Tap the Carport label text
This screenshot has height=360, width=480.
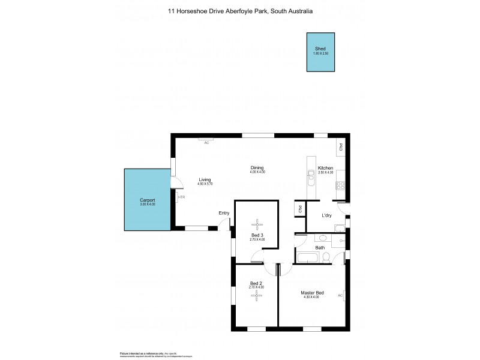coord(148,200)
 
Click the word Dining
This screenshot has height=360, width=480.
coord(257,168)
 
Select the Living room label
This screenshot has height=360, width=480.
coord(205,179)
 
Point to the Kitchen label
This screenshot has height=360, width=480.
coord(325,168)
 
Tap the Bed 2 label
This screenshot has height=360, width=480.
coord(256,283)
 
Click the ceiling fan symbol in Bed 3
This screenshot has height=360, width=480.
coord(257,224)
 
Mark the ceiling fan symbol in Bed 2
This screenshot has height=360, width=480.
coord(257,294)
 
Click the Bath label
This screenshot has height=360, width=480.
coord(320,248)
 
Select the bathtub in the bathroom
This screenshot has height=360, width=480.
coord(308,258)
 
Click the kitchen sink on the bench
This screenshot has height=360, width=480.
coord(311,176)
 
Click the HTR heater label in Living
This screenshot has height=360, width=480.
coord(182,197)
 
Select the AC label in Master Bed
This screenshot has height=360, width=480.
coord(340,295)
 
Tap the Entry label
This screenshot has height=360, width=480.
coord(224,213)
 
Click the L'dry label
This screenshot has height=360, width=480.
coord(327,215)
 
